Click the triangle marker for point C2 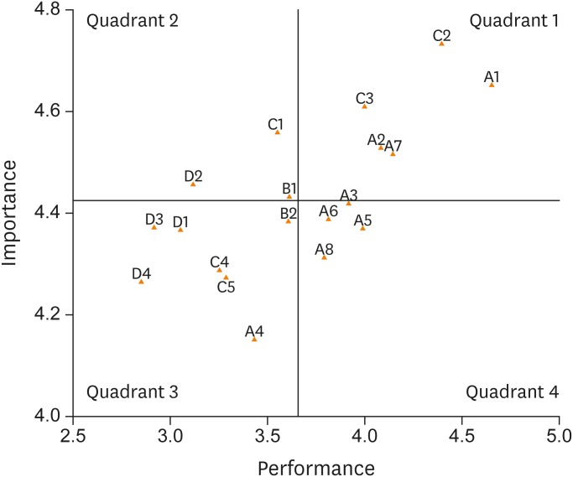click(441, 43)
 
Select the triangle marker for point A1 click(492, 84)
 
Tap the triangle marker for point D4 click(141, 281)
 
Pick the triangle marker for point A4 click(254, 339)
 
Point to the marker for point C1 click(278, 132)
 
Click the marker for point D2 click(193, 183)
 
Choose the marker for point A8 click(324, 257)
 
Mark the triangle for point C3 click(364, 106)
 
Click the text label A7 click(393, 146)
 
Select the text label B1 click(289, 188)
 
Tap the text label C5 click(226, 288)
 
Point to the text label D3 click(154, 220)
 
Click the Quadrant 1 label click(513, 21)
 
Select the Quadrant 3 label click(132, 391)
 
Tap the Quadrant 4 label click(512, 391)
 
